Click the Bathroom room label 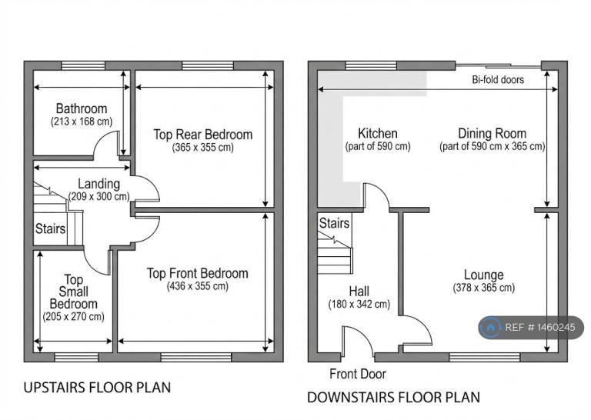(82, 108)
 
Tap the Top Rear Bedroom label (203, 135)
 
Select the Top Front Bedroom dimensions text (198, 286)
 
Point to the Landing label (98, 184)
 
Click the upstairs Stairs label (50, 228)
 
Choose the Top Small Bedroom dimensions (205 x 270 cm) (74, 317)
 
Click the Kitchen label (378, 133)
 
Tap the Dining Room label (492, 133)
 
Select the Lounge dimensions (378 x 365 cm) (484, 288)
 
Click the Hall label (359, 292)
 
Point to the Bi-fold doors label (498, 80)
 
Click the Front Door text (358, 374)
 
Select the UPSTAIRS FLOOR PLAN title (97, 388)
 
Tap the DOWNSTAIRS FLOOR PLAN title (393, 398)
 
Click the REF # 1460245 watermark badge (531, 328)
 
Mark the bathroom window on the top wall (83, 66)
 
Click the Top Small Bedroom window (76, 357)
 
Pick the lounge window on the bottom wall (485, 357)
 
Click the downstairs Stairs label (334, 223)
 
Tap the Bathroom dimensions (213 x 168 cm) (82, 122)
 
